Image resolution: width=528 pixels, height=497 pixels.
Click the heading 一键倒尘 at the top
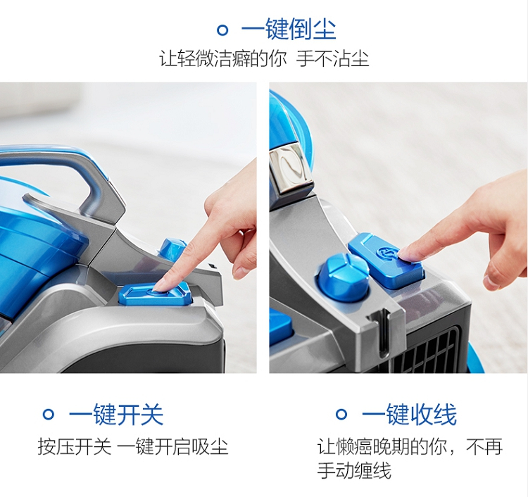coord(289,30)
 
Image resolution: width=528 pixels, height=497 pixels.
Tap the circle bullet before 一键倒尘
coord(222,30)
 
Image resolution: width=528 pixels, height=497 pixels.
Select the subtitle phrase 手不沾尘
coord(332,58)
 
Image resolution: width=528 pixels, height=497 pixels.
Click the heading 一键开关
coord(116,414)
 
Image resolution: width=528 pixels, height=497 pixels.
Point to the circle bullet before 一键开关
coord(49,414)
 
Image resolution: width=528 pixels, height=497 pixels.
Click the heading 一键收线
coord(409,414)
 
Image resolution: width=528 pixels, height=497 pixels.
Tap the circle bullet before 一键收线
coord(341,414)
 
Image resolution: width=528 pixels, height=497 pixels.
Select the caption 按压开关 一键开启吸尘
coord(133,446)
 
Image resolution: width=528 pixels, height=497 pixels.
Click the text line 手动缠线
coord(354,470)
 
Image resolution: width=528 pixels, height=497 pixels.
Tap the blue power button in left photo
coord(155,294)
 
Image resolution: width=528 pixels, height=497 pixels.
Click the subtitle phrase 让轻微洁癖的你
coord(222,58)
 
